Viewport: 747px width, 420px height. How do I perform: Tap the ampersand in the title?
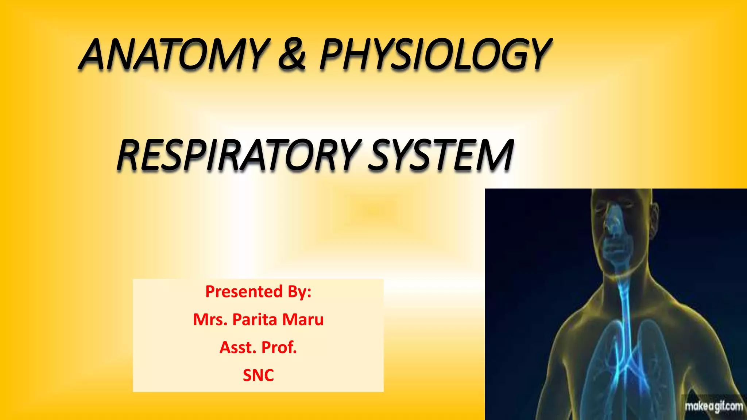click(292, 55)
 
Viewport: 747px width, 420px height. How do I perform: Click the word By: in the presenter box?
click(299, 292)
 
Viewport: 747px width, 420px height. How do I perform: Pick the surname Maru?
click(303, 319)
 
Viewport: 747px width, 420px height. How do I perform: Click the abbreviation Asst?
click(236, 347)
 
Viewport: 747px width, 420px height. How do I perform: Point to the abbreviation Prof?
click(279, 347)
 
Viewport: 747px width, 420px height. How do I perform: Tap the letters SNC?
click(258, 375)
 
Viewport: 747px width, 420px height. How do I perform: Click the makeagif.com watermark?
click(713, 406)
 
